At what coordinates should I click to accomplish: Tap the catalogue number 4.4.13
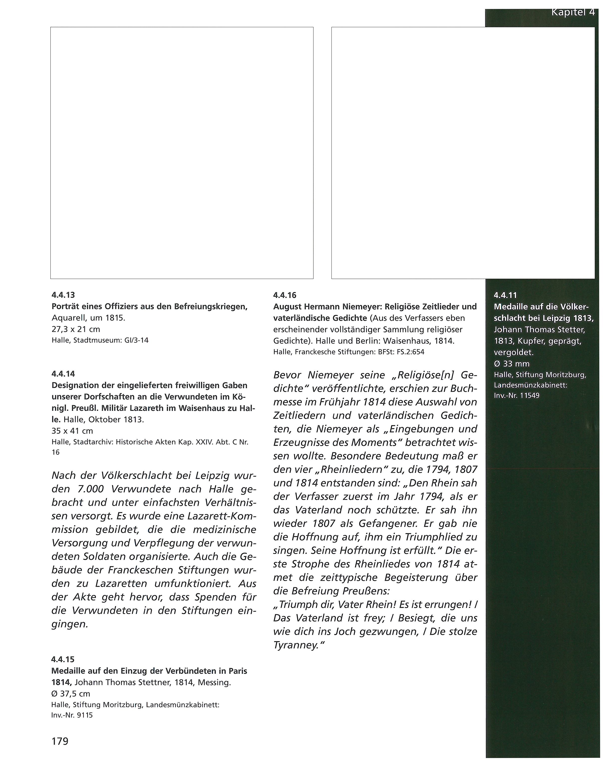point(63,295)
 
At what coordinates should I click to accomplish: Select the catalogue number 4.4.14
point(63,374)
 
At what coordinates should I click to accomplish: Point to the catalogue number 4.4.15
point(63,659)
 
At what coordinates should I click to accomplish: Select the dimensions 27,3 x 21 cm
point(76,329)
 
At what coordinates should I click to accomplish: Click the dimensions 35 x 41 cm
point(72,431)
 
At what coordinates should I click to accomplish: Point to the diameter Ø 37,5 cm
point(71,694)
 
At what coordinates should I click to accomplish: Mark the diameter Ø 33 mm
point(512,364)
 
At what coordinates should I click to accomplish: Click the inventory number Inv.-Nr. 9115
point(72,715)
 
